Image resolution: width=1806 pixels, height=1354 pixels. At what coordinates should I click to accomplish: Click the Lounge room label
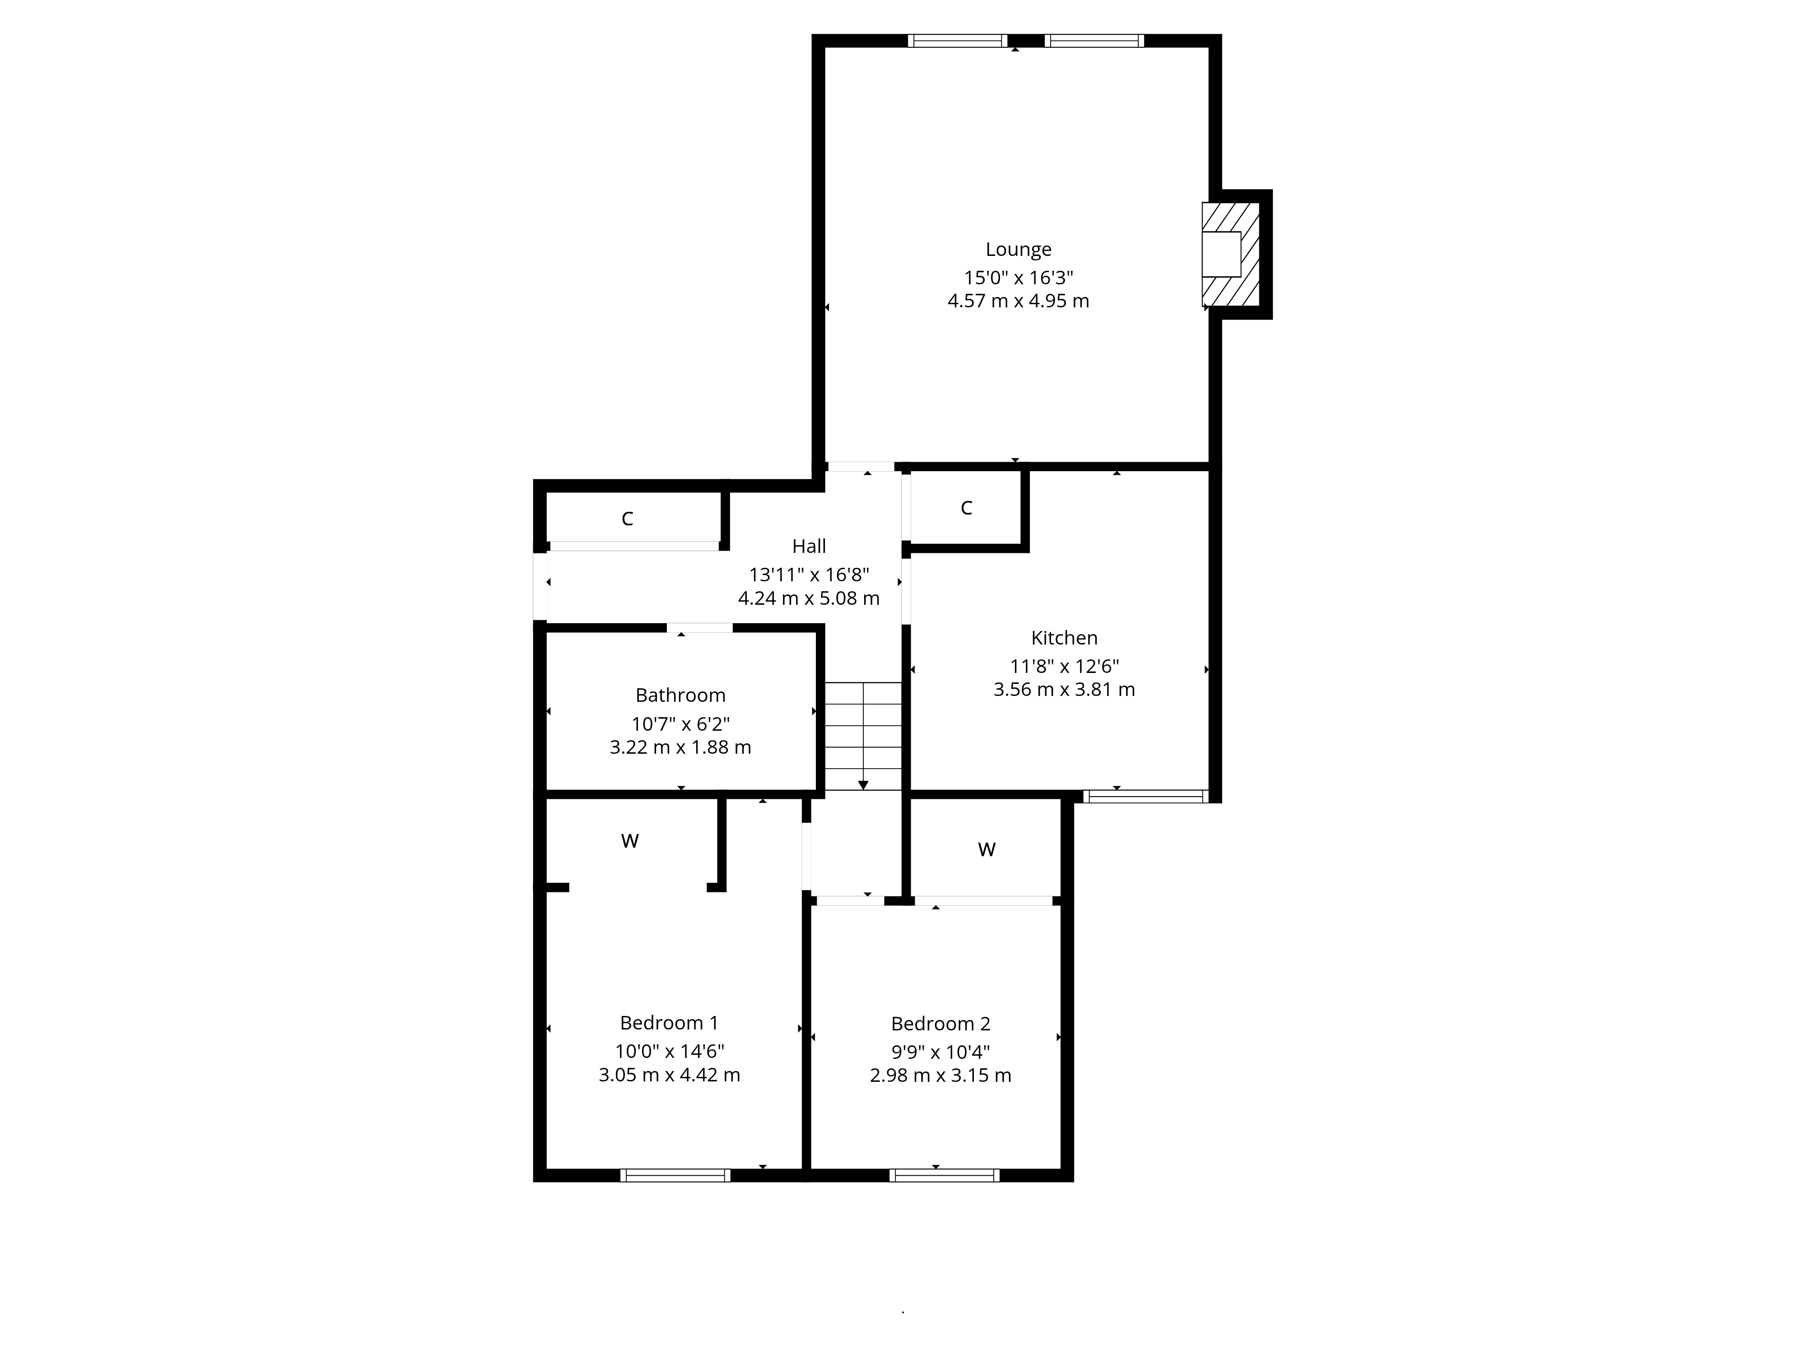(1018, 250)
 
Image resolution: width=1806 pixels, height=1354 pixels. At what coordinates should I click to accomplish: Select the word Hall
(809, 546)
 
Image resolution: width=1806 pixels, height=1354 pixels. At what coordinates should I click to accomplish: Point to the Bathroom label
(680, 696)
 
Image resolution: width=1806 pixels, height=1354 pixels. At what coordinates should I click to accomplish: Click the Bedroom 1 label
(670, 1023)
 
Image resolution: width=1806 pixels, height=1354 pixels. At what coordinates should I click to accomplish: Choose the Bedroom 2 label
(940, 1024)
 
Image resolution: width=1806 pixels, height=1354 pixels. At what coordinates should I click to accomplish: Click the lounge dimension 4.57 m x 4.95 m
(1018, 301)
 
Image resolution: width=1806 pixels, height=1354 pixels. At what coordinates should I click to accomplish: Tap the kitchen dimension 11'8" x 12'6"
(1064, 666)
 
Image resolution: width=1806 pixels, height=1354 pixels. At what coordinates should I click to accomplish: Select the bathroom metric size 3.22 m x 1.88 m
(680, 747)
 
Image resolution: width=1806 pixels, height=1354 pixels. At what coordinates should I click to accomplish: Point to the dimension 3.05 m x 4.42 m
(670, 1075)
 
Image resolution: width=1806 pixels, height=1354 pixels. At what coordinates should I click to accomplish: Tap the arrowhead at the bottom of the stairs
(863, 785)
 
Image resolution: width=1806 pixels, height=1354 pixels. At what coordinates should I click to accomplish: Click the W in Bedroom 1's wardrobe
(629, 841)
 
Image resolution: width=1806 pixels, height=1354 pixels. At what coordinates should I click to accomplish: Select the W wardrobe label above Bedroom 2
(986, 849)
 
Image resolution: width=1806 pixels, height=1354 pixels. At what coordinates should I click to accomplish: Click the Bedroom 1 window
(675, 1175)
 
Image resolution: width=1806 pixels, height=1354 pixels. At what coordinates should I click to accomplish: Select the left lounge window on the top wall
(958, 41)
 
